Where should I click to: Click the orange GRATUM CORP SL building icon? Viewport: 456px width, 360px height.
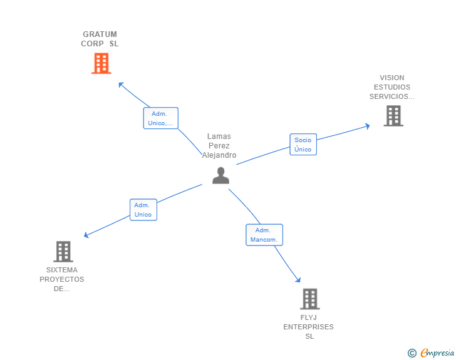[101, 63]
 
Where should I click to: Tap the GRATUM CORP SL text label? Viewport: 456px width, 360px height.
[100, 39]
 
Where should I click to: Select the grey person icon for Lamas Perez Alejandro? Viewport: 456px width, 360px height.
[220, 176]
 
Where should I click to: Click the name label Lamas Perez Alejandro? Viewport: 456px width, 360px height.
[219, 146]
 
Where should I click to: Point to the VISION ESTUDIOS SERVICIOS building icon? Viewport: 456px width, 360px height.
[393, 116]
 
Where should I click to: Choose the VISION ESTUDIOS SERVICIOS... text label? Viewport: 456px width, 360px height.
[391, 88]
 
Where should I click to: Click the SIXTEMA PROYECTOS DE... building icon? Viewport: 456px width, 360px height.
[63, 252]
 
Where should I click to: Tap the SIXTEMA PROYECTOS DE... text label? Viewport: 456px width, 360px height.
[61, 279]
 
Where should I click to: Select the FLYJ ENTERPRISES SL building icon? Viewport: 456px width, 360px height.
[309, 299]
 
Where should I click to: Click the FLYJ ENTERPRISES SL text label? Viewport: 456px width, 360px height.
[309, 327]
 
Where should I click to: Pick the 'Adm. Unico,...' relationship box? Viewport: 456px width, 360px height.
[160, 118]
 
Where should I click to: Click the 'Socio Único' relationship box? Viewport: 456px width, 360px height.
[303, 145]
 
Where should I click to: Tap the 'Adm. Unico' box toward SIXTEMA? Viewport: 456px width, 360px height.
[143, 210]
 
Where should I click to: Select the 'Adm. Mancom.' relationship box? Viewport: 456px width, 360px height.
[264, 235]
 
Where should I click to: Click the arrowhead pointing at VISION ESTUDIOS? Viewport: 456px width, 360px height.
[367, 126]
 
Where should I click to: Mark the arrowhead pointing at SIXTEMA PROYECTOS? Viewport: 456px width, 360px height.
[87, 235]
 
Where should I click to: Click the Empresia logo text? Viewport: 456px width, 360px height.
[437, 353]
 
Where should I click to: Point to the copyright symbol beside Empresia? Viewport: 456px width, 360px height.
[412, 354]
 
